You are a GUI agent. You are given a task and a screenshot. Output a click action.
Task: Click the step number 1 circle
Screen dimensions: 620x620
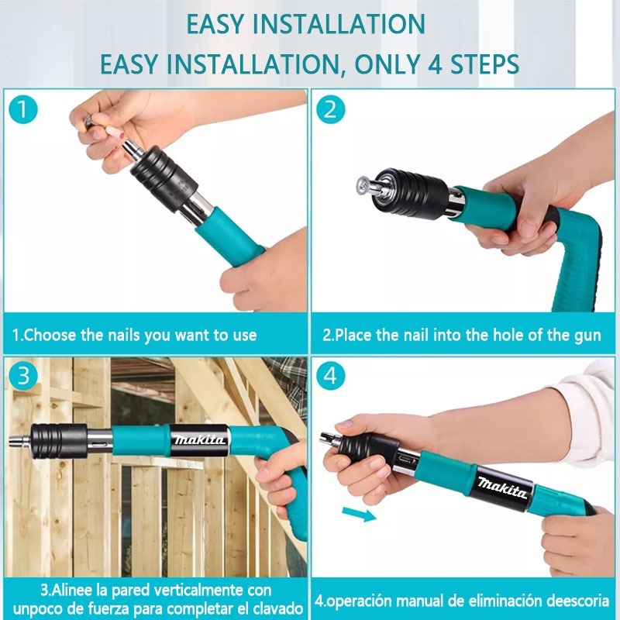click(x=23, y=109)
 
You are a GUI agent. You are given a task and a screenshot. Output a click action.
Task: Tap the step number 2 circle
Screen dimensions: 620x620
click(x=331, y=109)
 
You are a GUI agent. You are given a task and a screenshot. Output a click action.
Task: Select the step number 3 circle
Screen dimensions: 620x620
click(x=23, y=376)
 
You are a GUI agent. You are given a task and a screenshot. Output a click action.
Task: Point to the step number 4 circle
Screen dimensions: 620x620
click(x=331, y=376)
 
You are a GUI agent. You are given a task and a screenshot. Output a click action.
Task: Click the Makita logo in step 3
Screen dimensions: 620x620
click(x=200, y=439)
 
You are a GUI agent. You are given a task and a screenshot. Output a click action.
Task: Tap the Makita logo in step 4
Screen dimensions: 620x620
click(x=502, y=488)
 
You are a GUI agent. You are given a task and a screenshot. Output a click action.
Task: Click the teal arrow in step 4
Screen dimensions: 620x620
click(x=359, y=514)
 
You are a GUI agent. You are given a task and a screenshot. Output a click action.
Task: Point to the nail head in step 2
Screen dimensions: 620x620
click(x=362, y=184)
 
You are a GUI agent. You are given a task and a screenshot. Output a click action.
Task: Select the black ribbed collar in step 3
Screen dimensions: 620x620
click(x=59, y=441)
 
